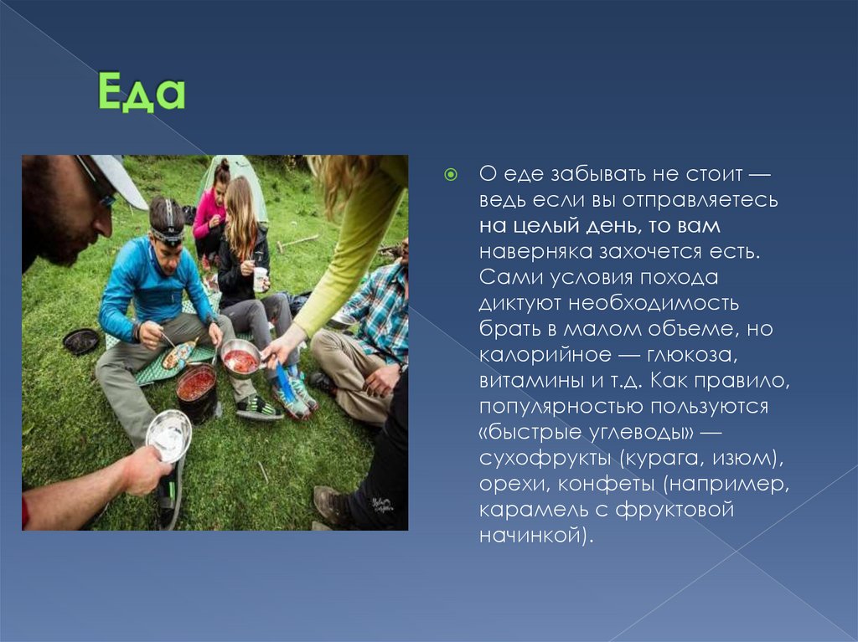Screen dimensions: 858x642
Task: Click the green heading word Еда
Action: point(142,92)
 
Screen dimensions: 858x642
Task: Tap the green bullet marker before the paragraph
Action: point(450,174)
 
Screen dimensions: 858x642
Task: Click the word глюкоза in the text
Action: point(693,354)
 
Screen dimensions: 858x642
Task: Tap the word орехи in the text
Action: point(514,484)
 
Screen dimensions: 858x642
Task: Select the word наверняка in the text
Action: point(535,252)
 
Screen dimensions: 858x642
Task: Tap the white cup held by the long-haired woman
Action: point(260,279)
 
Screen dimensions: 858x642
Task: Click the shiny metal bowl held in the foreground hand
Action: point(168,436)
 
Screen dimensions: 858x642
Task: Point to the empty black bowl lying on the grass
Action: point(81,342)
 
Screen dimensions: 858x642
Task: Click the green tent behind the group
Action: point(235,186)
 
